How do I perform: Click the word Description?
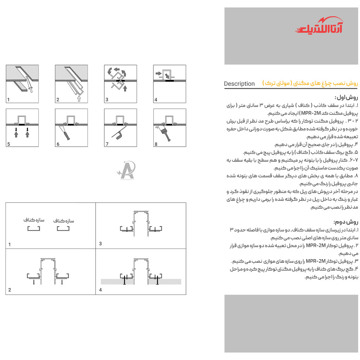tap(239, 84)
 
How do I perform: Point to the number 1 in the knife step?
tap(8, 100)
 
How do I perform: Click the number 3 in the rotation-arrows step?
tap(107, 100)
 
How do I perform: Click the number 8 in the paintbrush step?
tap(156, 144)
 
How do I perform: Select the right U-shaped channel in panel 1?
tap(64, 229)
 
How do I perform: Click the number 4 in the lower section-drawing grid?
tap(101, 290)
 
